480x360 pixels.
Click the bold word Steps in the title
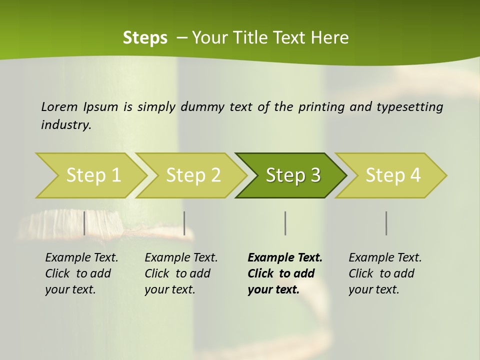(145, 37)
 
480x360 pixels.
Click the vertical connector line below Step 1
(84, 223)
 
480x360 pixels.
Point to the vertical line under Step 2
(184, 223)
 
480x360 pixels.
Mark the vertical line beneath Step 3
(285, 223)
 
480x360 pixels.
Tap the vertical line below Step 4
(386, 223)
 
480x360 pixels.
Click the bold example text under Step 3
(285, 273)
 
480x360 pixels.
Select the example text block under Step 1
(81, 273)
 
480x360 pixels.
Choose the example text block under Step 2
(181, 273)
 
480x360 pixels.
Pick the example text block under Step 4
(385, 273)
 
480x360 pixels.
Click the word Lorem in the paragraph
(59, 106)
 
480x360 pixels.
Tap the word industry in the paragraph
(66, 124)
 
